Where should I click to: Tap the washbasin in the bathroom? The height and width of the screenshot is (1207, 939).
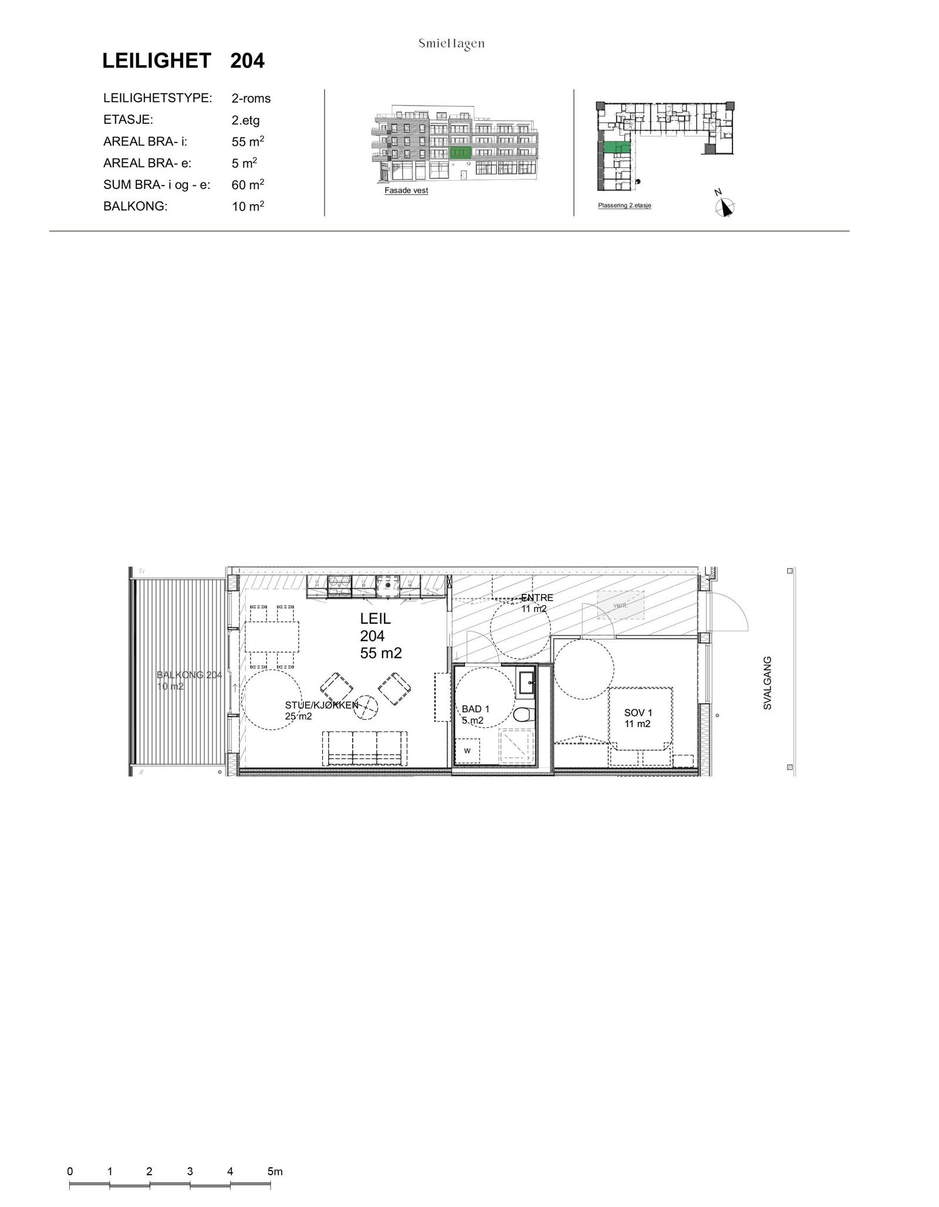click(526, 682)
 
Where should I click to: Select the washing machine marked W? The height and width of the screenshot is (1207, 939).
click(468, 750)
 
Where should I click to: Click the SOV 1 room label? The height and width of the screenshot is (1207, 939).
click(637, 718)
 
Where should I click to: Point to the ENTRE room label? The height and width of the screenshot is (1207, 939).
click(536, 603)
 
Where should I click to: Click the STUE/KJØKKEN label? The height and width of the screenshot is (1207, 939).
click(321, 710)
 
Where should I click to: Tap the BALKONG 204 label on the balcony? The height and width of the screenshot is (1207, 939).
click(189, 680)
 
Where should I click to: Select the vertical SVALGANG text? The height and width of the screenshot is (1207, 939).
click(767, 683)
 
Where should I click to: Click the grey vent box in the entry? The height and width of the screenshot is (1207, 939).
click(620, 604)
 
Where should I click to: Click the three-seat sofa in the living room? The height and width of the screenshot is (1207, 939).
click(365, 749)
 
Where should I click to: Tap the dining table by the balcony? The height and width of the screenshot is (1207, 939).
click(272, 637)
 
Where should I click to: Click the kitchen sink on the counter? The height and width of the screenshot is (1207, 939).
click(388, 585)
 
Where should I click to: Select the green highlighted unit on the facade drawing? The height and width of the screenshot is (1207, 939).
click(461, 154)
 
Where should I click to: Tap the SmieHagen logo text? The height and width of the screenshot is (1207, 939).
click(451, 44)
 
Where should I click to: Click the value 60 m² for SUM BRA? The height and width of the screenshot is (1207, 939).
click(247, 185)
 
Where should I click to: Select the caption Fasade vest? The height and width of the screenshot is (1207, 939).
click(406, 191)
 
